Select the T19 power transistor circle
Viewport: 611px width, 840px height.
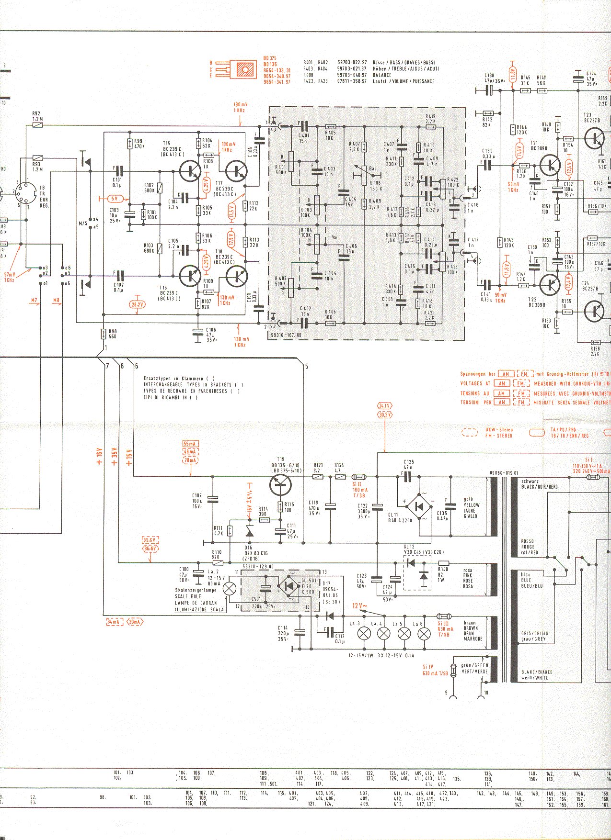click(x=280, y=484)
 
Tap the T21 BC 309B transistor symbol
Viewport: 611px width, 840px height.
click(x=550, y=165)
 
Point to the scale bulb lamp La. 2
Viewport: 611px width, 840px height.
click(x=231, y=588)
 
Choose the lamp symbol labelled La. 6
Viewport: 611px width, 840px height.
click(x=424, y=634)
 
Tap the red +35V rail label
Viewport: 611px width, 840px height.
click(x=114, y=456)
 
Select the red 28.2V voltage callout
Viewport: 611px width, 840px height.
click(x=138, y=304)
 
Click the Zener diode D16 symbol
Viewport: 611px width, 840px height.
click(x=249, y=531)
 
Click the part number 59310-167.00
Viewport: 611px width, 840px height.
click(x=286, y=336)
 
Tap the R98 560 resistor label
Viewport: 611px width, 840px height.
click(x=112, y=334)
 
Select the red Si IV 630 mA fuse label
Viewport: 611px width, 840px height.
click(x=435, y=670)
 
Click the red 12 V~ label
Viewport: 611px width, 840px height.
click(x=359, y=606)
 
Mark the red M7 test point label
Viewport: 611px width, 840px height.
click(x=34, y=301)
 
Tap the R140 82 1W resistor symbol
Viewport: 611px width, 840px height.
click(x=443, y=563)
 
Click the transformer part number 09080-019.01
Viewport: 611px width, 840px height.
click(x=504, y=473)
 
